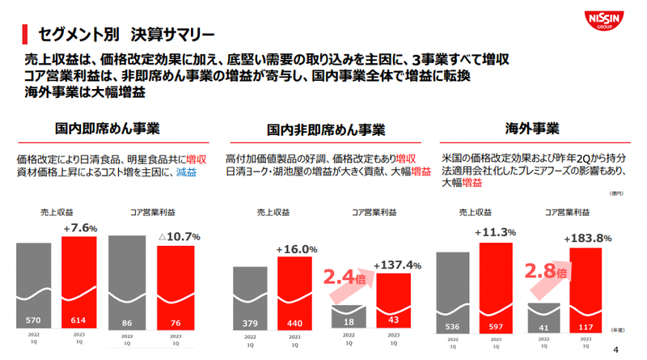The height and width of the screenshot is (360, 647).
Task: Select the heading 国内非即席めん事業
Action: pyautogui.click(x=325, y=129)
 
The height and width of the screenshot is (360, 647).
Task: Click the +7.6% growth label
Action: pyautogui.click(x=79, y=228)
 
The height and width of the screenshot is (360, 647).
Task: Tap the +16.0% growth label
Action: pyautogui.click(x=297, y=249)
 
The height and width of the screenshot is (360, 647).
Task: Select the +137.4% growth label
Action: pyautogui.click(x=398, y=265)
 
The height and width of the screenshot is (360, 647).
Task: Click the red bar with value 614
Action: pyautogui.click(x=79, y=283)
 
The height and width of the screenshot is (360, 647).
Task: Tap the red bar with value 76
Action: pyautogui.click(x=175, y=287)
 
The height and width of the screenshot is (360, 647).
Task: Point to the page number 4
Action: pyautogui.click(x=617, y=350)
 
